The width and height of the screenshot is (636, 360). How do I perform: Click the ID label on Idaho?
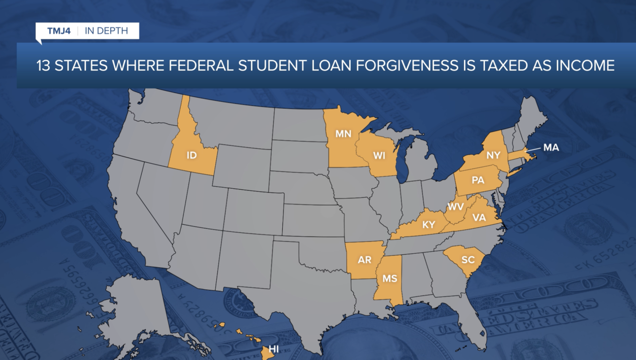point(192,155)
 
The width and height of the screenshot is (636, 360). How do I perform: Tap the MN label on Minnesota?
point(343,134)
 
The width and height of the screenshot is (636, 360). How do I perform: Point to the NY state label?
point(493,155)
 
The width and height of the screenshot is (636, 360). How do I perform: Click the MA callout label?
point(551,147)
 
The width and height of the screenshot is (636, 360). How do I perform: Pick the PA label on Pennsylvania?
point(477,181)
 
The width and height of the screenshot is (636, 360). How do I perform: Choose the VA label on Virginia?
point(479,217)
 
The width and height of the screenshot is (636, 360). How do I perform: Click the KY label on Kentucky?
point(428,224)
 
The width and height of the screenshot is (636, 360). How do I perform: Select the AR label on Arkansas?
point(365,260)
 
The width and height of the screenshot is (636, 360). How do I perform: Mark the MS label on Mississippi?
point(390,279)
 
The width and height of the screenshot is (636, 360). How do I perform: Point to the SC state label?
point(468,260)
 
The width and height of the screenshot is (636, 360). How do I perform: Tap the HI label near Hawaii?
point(274,349)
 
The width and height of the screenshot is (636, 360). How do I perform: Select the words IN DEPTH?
point(106,31)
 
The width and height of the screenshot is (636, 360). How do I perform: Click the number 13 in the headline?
point(43,66)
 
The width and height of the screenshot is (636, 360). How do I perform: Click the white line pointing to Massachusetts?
point(534,149)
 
